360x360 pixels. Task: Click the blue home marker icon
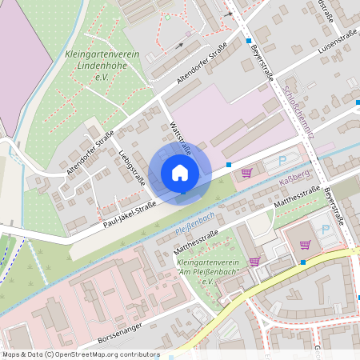tap(180, 173)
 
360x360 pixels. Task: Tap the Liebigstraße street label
tap(131, 166)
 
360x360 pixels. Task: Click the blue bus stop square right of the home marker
tap(230, 165)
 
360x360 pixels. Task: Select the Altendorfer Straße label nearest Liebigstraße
tap(91, 151)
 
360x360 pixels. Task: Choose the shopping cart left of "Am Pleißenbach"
tap(254, 261)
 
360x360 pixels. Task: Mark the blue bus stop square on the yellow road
tap(303, 262)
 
